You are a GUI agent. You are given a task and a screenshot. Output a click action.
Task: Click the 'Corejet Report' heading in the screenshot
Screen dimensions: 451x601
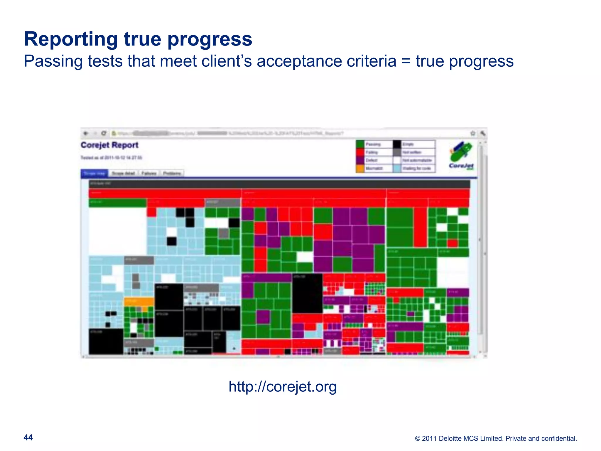tap(109, 145)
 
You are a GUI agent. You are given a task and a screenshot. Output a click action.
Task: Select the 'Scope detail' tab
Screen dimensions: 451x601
tap(123, 174)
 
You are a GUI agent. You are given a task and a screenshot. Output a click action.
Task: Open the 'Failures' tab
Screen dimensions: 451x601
tap(149, 174)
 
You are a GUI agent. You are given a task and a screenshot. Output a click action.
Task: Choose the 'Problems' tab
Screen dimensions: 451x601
tap(172, 174)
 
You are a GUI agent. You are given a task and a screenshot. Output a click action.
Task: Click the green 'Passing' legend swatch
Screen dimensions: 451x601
tap(360, 144)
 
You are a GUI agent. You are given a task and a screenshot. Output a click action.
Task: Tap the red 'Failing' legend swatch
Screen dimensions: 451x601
tap(360, 152)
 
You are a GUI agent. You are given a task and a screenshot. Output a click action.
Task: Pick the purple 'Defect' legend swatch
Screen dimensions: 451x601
tap(360, 160)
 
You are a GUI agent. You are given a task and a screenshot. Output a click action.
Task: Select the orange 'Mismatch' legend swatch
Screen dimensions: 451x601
tap(360, 169)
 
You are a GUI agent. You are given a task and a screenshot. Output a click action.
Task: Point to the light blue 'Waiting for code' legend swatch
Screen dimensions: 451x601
tap(397, 169)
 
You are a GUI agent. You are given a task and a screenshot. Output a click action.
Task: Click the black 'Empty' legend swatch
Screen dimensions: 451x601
tap(397, 144)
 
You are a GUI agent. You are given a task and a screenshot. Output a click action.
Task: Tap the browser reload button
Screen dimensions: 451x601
tap(104, 133)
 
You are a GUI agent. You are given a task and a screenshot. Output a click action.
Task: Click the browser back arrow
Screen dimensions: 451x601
tap(86, 133)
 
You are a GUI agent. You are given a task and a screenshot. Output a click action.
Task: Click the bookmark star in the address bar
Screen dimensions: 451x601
tap(473, 133)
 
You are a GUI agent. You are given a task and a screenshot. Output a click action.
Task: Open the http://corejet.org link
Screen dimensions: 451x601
tap(282, 386)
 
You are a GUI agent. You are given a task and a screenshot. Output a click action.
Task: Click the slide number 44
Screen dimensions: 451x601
tap(28, 437)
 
